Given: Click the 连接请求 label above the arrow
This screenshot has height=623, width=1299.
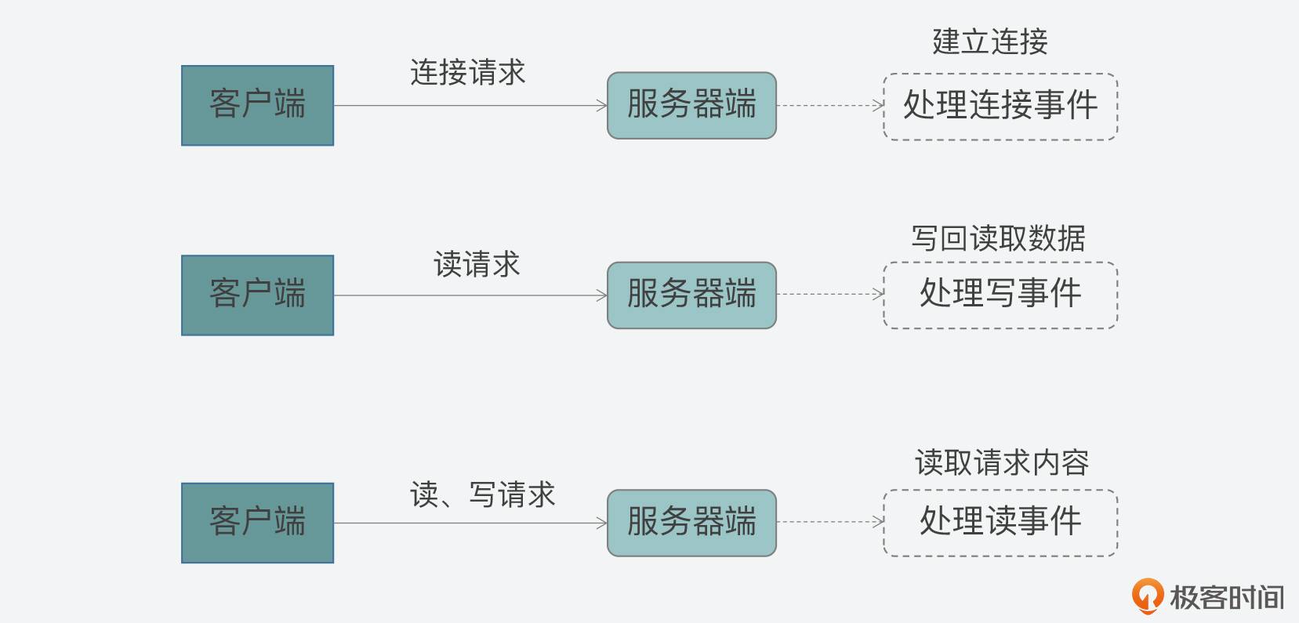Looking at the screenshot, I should tap(467, 73).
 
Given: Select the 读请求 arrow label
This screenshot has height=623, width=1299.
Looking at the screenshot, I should tap(477, 265).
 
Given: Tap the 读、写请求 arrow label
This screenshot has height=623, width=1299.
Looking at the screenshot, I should tap(482, 495).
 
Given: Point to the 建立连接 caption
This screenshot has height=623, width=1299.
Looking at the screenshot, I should tap(989, 42).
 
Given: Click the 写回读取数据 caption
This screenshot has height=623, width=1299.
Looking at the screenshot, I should tap(998, 238).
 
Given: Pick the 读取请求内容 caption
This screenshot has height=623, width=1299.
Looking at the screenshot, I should tap(1001, 463).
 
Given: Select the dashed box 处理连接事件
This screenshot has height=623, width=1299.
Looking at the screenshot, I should tap(1000, 107).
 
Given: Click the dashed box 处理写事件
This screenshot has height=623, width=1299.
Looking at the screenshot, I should tap(1000, 295).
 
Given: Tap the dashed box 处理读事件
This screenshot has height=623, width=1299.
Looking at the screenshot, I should tap(1000, 523).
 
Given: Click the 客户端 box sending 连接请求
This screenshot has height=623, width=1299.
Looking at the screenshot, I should tap(257, 106).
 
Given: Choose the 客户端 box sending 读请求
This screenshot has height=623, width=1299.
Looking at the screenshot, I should tap(257, 295).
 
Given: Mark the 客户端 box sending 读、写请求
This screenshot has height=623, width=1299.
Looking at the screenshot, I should tap(257, 523).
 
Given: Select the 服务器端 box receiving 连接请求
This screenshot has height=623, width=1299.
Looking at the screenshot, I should tap(691, 106).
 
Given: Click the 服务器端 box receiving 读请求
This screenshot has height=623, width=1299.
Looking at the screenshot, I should tap(691, 295).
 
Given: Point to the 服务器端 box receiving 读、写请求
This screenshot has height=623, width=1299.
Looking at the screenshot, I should tap(691, 523).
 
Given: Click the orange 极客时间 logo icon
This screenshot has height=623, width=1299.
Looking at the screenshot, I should tap(1147, 596).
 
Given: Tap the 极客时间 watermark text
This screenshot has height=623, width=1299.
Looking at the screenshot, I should tap(1227, 598).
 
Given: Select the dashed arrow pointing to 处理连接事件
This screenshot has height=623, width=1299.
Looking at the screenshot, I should tap(829, 106).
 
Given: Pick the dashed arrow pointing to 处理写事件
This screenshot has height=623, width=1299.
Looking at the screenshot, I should tap(829, 295).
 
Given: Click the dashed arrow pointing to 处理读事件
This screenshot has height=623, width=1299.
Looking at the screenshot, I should tap(829, 522).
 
